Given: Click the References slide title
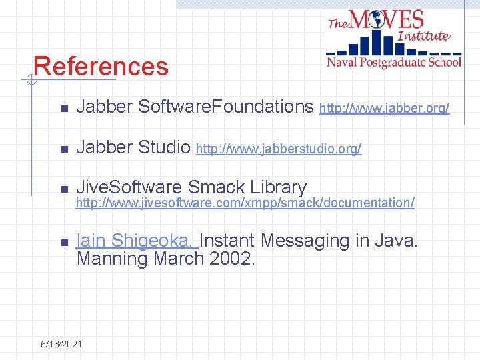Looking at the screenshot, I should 101,67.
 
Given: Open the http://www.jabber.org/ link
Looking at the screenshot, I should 385,108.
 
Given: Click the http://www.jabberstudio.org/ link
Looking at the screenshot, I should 279,149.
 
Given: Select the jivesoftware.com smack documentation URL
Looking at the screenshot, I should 245,202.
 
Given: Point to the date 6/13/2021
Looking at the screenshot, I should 61,344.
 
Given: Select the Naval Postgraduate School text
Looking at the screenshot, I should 393,62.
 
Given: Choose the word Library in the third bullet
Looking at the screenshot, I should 278,188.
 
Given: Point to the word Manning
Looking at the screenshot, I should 112,259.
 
